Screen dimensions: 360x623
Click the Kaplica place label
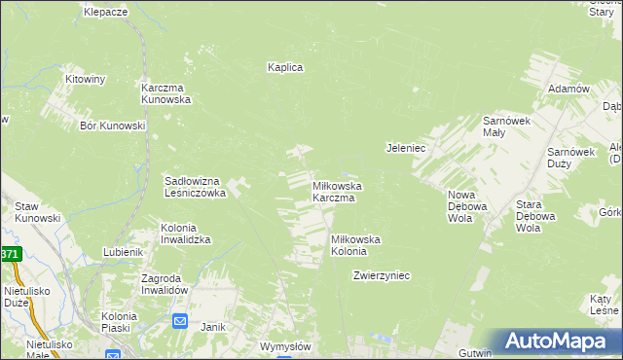click(x=286, y=67)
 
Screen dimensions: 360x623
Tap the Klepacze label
click(x=106, y=12)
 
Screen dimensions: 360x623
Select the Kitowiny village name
click(x=85, y=78)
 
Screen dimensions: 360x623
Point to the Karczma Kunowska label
click(x=165, y=92)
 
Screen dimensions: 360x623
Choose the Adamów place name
click(x=569, y=89)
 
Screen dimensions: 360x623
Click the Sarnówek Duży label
click(x=570, y=159)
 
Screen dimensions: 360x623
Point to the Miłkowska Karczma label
click(x=337, y=192)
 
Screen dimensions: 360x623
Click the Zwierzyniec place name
click(x=382, y=275)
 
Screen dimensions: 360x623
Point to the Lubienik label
click(x=124, y=252)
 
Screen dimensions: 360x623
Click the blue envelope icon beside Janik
click(x=180, y=321)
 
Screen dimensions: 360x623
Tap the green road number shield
click(x=9, y=254)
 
